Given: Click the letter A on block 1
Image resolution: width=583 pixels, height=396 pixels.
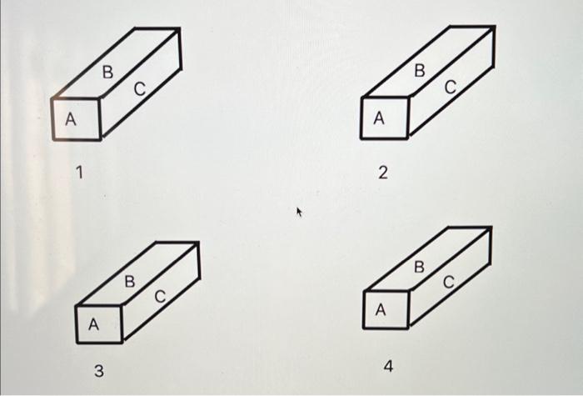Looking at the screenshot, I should coord(71,120).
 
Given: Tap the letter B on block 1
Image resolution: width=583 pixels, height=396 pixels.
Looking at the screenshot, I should coord(107,73).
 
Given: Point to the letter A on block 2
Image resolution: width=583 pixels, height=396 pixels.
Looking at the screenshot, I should coord(379,119).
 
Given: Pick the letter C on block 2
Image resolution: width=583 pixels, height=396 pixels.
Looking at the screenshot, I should coord(450,86).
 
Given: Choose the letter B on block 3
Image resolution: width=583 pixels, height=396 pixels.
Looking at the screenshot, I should coord(129,282).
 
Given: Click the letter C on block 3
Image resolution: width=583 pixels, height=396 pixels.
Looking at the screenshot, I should coord(160,296).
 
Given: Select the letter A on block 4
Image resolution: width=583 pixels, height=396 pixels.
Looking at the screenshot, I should coord(381,310).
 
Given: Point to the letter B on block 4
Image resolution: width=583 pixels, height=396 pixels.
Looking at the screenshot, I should coord(419,268).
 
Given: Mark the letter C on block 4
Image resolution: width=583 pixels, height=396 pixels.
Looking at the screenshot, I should coord(449,283).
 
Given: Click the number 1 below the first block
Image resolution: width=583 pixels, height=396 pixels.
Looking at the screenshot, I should coord(79,173).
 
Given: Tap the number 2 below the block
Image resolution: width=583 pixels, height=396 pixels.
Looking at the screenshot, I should coord(382,173).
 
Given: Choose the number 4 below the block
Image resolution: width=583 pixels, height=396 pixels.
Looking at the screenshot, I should coord(388,366).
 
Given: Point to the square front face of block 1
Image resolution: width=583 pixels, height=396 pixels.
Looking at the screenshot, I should coord(77,119).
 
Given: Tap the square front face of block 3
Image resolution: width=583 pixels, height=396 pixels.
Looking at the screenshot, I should coord(98,323).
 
